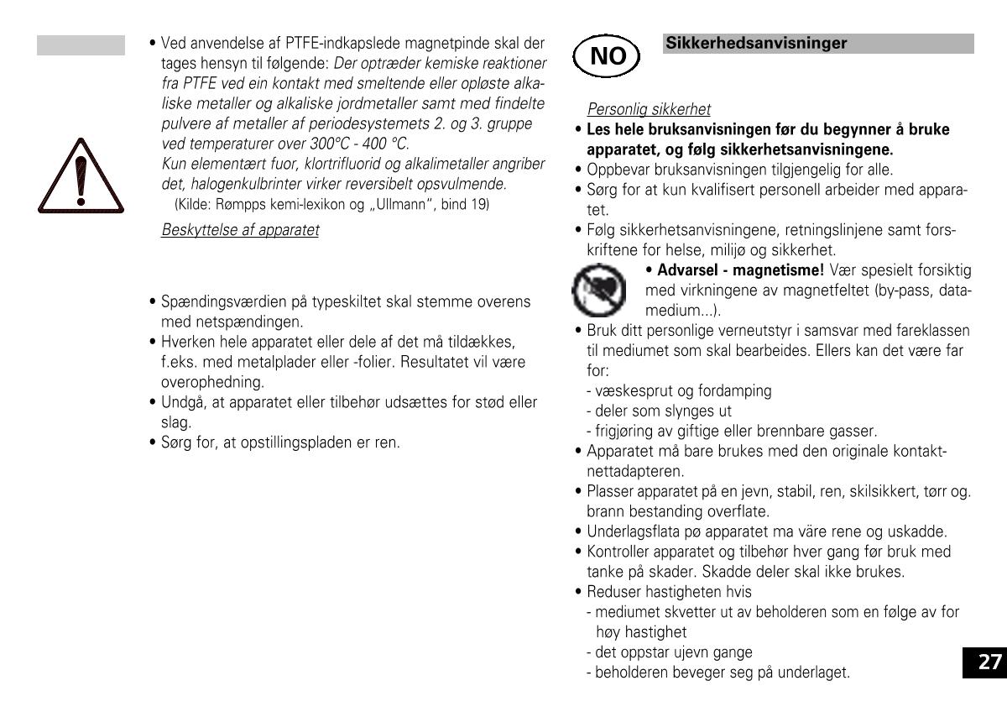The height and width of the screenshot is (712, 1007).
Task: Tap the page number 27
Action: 990,662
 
